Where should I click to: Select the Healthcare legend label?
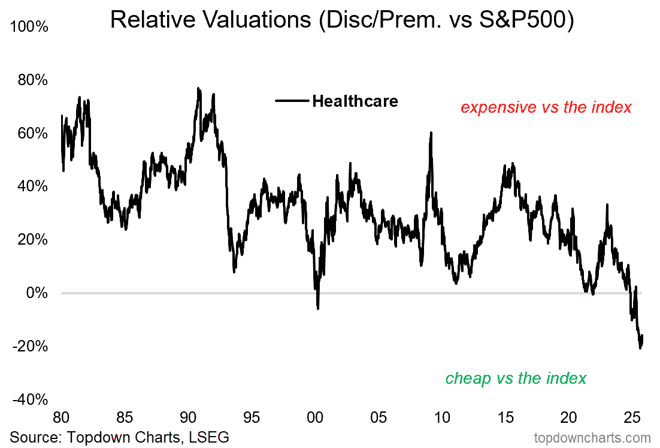[x=355, y=101]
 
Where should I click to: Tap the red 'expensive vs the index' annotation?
[x=546, y=107]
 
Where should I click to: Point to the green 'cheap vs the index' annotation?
[x=516, y=378]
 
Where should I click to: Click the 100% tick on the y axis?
[x=31, y=27]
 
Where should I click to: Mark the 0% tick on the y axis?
[x=37, y=293]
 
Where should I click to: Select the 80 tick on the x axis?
[x=61, y=417]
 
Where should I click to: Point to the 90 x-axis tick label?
[x=188, y=417]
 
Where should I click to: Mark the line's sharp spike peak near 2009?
[x=431, y=133]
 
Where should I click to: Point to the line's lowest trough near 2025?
[x=640, y=348]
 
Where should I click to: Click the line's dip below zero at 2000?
[x=317, y=308]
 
